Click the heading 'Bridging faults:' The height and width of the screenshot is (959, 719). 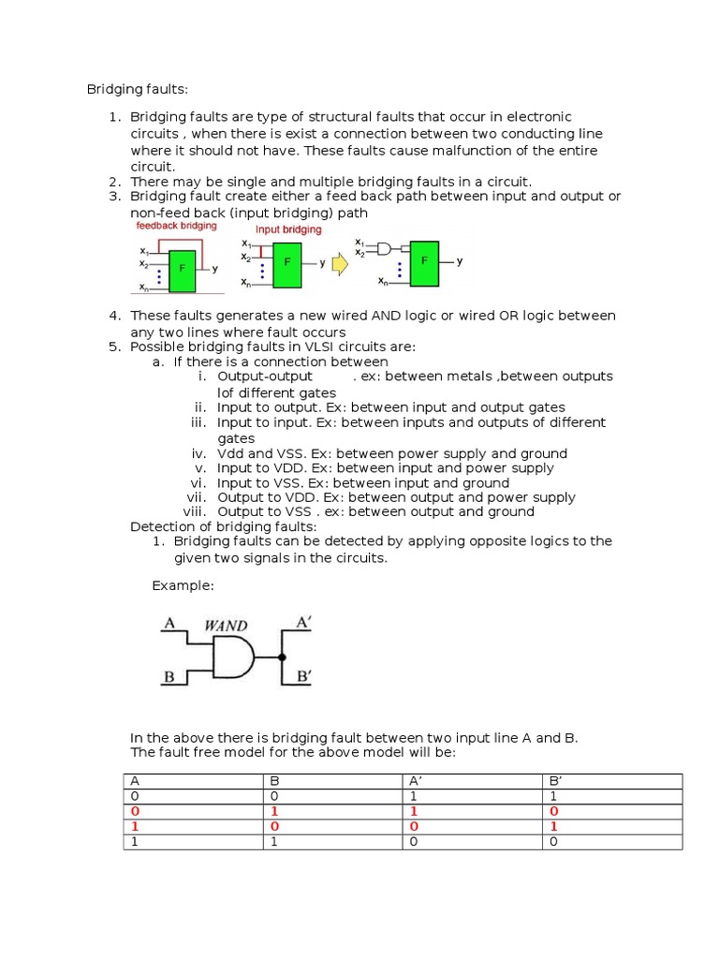click(138, 89)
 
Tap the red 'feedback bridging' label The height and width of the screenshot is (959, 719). click(176, 226)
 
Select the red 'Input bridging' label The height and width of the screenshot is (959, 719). click(288, 229)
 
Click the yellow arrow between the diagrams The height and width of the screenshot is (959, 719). click(340, 264)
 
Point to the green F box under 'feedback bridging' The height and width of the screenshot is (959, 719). click(183, 267)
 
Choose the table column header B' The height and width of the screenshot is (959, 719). click(552, 781)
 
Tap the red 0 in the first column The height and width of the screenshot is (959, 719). click(135, 811)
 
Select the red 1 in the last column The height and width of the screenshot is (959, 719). click(553, 827)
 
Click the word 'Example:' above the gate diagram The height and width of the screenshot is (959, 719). click(183, 585)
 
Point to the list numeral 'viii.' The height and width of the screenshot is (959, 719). click(194, 512)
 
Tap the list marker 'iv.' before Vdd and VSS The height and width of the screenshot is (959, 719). click(198, 453)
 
